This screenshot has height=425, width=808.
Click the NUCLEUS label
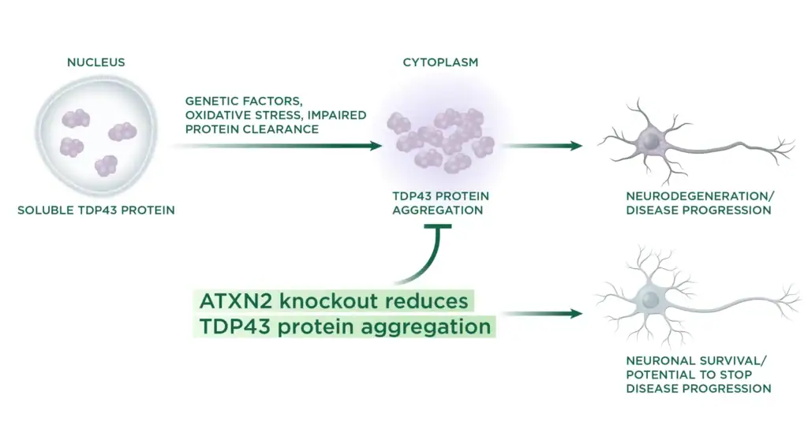(x=95, y=62)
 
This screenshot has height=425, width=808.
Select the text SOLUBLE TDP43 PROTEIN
(x=96, y=211)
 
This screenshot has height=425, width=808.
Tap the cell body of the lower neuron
(x=650, y=300)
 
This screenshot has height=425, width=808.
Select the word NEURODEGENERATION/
(x=687, y=196)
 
